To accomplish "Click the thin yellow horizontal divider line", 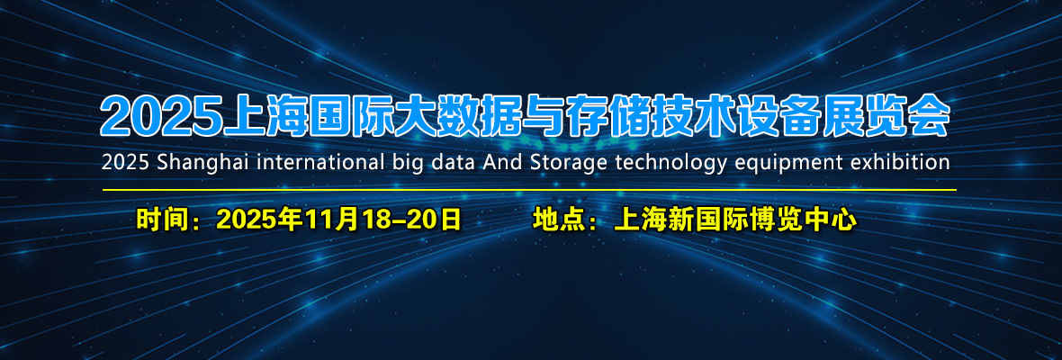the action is [529, 190].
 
